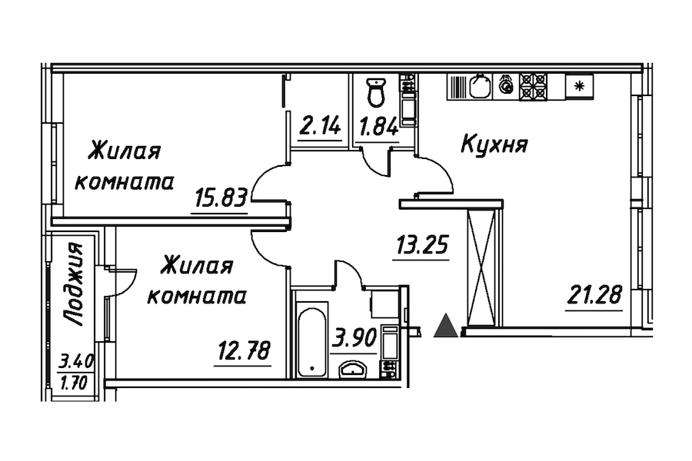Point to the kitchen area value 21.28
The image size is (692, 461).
click(x=595, y=295)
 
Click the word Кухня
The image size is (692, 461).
click(x=494, y=144)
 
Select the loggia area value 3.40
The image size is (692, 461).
click(x=73, y=359)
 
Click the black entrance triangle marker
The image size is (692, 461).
click(x=445, y=327)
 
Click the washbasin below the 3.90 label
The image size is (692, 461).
click(x=355, y=370)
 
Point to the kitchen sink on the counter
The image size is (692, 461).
click(x=481, y=86)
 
